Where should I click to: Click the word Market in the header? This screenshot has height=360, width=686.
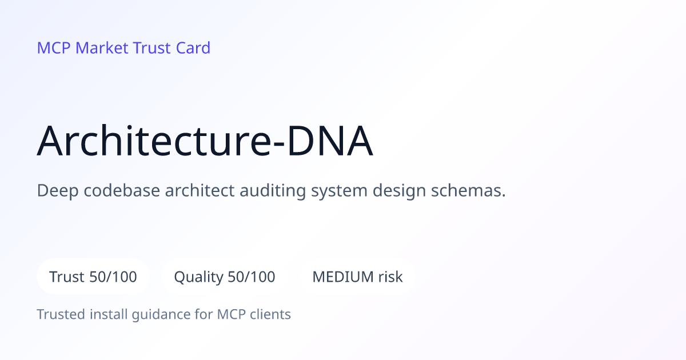pos(102,48)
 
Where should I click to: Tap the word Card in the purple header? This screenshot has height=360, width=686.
pos(193,48)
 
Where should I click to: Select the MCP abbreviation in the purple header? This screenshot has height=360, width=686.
pos(54,48)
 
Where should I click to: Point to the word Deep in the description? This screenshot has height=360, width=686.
pos(58,191)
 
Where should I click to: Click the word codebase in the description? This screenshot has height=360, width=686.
pos(122,190)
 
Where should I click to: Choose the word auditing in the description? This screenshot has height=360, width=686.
pos(273,191)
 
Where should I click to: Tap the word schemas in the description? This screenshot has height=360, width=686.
pos(468,190)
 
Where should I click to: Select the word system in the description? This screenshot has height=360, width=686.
pos(339,191)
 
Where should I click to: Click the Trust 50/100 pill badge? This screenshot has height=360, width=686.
pos(93,277)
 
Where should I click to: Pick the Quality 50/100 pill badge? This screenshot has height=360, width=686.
pos(225,277)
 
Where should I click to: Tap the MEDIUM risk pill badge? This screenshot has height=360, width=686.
pos(357,277)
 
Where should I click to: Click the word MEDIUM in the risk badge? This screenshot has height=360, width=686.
pos(343,277)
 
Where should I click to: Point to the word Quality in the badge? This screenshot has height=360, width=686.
pos(198,277)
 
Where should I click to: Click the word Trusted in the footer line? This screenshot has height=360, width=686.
pos(61,314)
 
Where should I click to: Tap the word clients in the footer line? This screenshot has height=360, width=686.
pos(270,314)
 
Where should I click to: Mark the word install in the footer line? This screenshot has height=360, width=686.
pos(109,314)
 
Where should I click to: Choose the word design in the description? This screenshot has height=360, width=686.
pos(399,191)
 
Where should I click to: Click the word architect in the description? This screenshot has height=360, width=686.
pos(200,190)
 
